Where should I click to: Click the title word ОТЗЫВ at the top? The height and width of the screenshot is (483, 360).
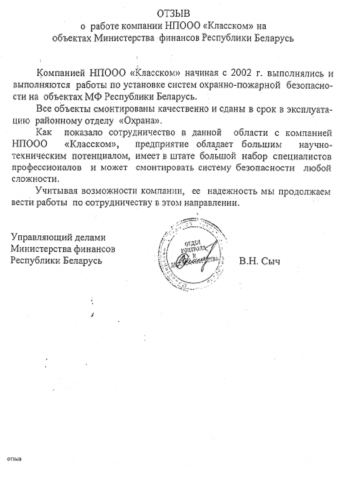tap(174, 15)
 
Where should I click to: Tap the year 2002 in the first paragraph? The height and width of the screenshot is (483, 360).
tap(244, 73)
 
